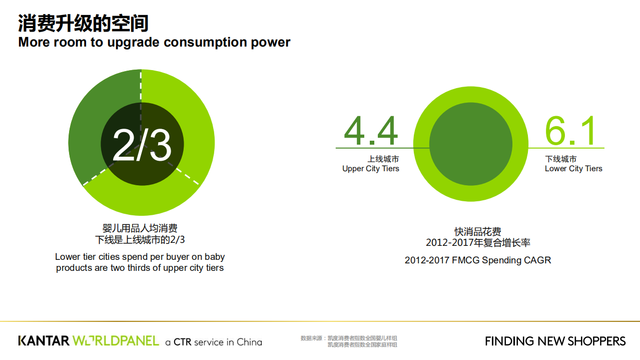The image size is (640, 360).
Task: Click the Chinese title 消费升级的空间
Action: point(83,23)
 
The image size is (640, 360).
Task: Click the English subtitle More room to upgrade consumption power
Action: point(154,42)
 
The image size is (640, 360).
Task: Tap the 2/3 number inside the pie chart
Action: point(142,145)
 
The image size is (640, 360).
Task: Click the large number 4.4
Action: point(371,131)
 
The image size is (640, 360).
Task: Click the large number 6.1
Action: point(570,131)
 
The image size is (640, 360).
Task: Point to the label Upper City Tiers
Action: point(371,169)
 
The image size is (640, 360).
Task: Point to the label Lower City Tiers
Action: point(573,169)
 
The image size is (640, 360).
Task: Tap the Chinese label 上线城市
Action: point(383,159)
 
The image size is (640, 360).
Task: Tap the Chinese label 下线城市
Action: point(561,159)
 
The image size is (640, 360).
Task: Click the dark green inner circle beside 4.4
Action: point(471,144)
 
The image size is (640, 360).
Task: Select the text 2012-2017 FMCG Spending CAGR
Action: point(478,260)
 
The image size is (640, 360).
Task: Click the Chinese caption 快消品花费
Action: point(478,232)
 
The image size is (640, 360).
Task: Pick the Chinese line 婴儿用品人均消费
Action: point(140,229)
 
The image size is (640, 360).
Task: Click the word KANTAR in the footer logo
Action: point(44,341)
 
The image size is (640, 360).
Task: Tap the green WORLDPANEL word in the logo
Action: point(116,341)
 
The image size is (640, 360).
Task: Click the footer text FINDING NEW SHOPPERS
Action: point(555,341)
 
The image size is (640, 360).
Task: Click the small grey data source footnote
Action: point(349,341)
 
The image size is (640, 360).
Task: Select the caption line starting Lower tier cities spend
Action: point(140,257)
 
